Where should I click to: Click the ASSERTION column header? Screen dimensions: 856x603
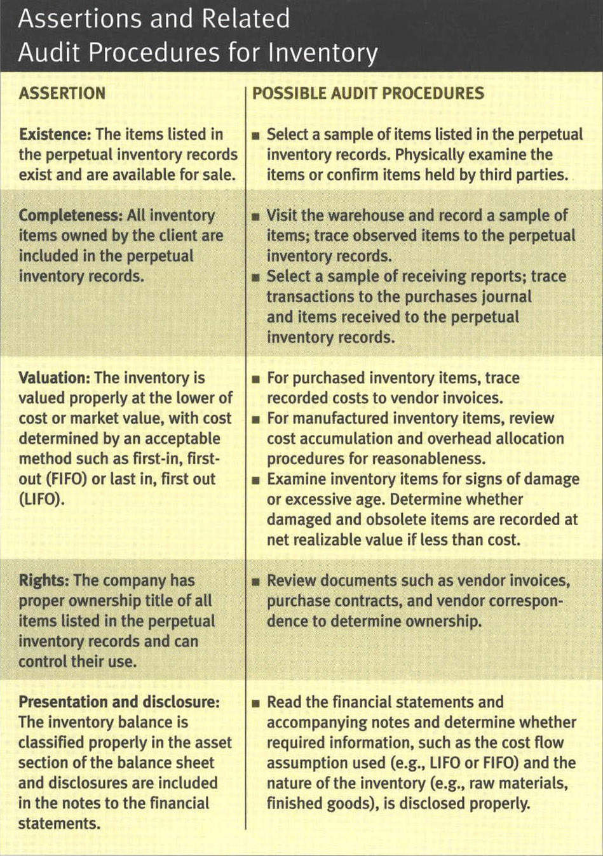coord(62,93)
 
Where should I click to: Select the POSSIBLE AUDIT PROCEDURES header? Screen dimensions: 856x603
coord(368,93)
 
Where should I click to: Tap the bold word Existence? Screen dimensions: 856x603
coord(55,135)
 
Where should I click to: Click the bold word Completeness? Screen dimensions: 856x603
coord(71,215)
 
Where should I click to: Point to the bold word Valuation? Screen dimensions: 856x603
coord(54,378)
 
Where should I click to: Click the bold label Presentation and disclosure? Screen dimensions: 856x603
coord(119,702)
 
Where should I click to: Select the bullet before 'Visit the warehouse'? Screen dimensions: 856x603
coord(255,217)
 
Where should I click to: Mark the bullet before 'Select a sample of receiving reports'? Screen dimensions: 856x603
coord(255,278)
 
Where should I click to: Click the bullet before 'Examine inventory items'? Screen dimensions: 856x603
coord(255,481)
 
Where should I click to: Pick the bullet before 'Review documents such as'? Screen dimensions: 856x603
coord(255,582)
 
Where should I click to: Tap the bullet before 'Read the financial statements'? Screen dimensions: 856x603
coord(255,703)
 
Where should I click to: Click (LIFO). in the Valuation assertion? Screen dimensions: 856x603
coord(41,499)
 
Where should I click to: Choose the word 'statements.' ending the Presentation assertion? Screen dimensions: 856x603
coord(59,824)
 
